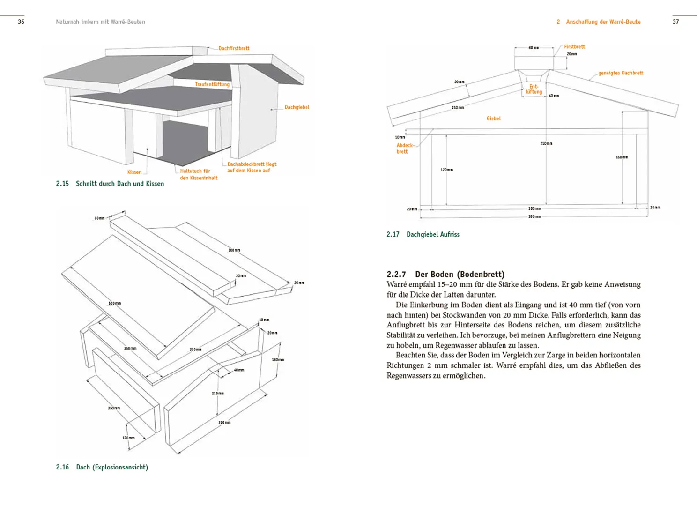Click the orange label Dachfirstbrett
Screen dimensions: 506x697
click(x=234, y=48)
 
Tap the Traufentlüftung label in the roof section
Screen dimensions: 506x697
click(x=212, y=84)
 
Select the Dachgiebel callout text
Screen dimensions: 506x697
click(x=297, y=107)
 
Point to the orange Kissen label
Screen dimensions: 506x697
click(x=134, y=172)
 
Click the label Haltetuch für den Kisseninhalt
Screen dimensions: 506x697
click(x=198, y=174)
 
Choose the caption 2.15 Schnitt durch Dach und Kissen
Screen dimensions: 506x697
click(x=110, y=184)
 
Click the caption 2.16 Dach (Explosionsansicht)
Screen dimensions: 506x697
click(x=102, y=467)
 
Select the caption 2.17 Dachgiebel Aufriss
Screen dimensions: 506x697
click(x=423, y=234)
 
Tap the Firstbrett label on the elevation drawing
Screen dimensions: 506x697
click(x=574, y=47)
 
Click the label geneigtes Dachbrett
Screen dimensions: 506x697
click(x=621, y=73)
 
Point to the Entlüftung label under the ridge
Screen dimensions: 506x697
click(x=534, y=89)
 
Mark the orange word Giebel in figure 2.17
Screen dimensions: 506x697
click(x=493, y=119)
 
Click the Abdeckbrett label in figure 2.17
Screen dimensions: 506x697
click(x=405, y=149)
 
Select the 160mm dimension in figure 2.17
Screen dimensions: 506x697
click(x=622, y=157)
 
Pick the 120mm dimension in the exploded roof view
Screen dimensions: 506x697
click(x=128, y=438)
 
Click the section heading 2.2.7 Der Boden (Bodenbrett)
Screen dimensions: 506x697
click(x=445, y=274)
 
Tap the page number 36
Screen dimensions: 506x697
click(x=21, y=22)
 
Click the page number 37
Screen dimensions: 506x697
click(x=675, y=22)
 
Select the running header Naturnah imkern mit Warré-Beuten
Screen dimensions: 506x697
click(x=100, y=22)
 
